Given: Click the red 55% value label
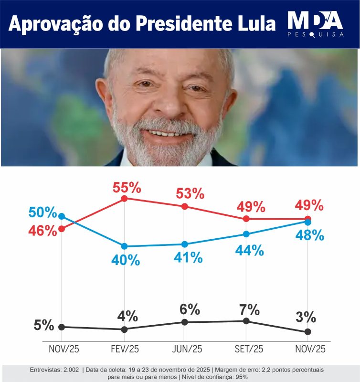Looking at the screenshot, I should click(127, 188).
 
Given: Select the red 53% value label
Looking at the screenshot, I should click(190, 194).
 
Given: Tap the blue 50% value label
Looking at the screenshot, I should click(42, 212).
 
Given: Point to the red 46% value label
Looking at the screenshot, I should click(42, 231).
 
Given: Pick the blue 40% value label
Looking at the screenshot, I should click(126, 260).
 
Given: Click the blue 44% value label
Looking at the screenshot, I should click(250, 250).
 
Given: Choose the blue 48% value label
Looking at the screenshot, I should click(309, 235).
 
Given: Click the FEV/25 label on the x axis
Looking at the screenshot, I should click(124, 349).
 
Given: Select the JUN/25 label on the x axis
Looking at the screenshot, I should click(185, 349).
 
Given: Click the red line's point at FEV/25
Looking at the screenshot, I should click(124, 198).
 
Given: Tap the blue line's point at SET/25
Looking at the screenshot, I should click(246, 234).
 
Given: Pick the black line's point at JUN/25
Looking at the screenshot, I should click(185, 322).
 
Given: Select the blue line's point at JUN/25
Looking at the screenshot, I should click(185, 244).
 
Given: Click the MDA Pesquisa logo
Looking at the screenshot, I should click(315, 24).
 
